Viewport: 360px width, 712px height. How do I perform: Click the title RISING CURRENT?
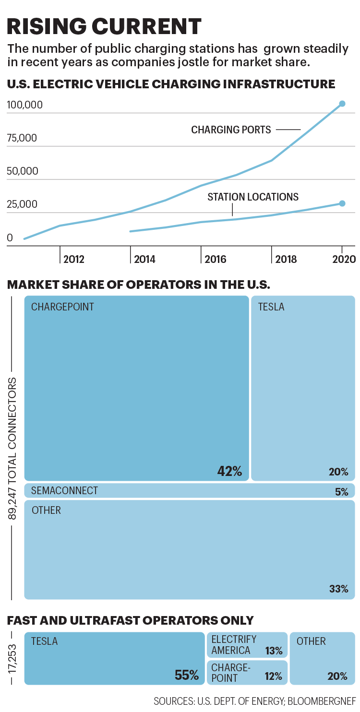click(x=104, y=26)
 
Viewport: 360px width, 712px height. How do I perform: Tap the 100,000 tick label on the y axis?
click(x=25, y=105)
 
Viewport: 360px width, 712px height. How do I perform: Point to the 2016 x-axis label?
click(x=215, y=260)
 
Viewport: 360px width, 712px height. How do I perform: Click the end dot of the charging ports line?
click(x=342, y=104)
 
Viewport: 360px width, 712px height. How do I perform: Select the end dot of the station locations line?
click(x=342, y=203)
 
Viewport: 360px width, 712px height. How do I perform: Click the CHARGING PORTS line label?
click(x=231, y=130)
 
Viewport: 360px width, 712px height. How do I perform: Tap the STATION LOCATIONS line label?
click(x=253, y=197)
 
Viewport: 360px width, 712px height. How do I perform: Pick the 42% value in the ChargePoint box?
click(x=229, y=472)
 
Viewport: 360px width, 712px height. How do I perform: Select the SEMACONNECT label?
click(x=64, y=490)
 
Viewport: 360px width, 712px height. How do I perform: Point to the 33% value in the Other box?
click(x=338, y=589)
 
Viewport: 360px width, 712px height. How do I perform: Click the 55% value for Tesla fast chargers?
click(x=187, y=676)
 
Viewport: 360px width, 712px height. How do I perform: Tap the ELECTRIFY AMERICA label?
click(x=234, y=645)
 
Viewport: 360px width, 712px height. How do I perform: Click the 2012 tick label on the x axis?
click(x=73, y=260)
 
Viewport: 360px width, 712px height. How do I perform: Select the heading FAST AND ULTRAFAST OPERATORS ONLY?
click(x=130, y=620)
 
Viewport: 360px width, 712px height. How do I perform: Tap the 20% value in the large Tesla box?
click(x=338, y=472)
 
